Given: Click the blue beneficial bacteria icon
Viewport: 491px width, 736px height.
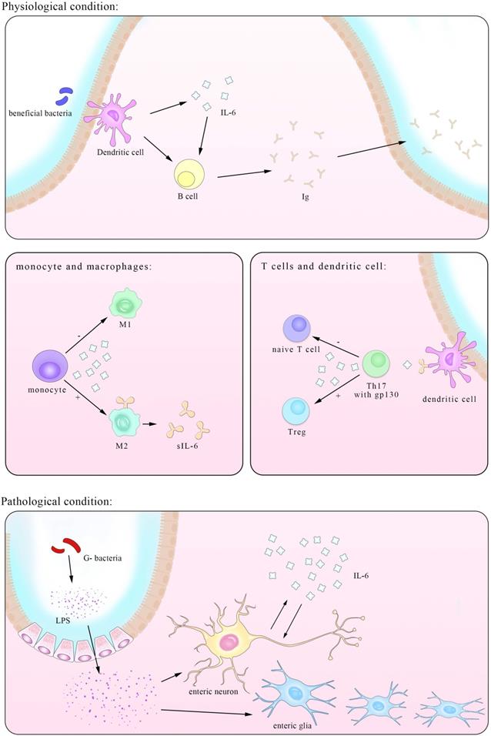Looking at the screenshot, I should click(x=62, y=96).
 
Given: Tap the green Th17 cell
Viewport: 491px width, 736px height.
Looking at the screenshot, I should click(x=377, y=363).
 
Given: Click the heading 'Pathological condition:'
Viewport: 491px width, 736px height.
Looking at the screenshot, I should click(x=57, y=501).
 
